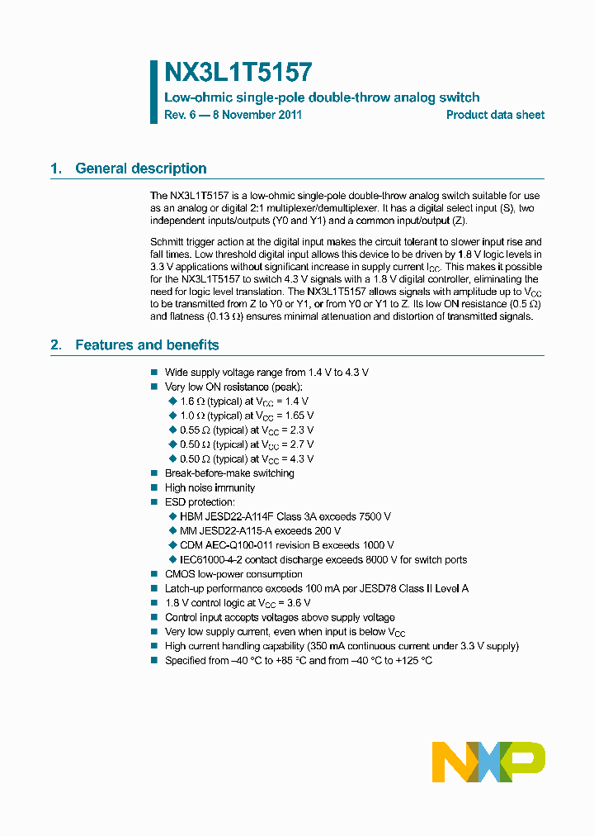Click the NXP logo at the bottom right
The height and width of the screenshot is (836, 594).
488,762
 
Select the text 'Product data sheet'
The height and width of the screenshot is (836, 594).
495,115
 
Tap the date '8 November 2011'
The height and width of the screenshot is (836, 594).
257,115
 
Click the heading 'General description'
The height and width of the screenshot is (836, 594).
141,169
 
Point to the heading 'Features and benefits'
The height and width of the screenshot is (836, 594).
147,345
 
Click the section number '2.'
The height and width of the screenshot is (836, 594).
56,345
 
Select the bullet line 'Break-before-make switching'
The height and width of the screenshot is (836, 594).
229,473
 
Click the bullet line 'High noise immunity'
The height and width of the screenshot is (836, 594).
210,488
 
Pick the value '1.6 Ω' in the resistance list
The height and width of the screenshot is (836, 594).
191,401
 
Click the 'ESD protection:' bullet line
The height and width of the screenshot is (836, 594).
200,502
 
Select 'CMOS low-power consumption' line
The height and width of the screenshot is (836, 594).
233,574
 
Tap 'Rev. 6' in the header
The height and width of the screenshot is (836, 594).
181,115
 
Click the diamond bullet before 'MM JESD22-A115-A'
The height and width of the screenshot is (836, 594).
172,531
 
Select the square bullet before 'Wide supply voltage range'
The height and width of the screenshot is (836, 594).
154,373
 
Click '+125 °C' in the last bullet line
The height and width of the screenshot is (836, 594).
413,661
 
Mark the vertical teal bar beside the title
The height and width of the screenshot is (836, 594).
153,92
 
